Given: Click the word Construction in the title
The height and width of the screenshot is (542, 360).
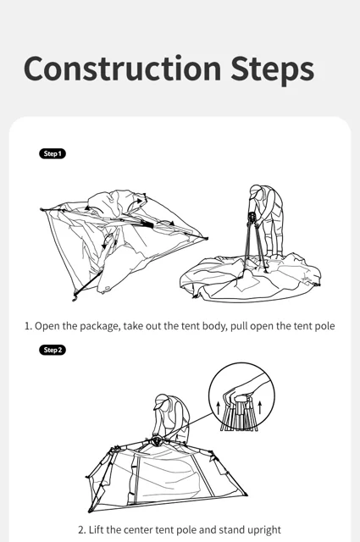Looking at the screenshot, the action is tap(123, 68).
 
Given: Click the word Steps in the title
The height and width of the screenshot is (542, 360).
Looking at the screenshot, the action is tap(272, 70).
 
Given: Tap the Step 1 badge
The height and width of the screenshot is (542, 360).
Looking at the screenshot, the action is tap(53, 154).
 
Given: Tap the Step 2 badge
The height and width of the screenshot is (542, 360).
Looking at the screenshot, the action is tap(53, 350).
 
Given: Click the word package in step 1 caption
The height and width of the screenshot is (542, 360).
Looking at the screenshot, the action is tap(99, 326).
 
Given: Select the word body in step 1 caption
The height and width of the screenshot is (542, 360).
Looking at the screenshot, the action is tap(214, 326).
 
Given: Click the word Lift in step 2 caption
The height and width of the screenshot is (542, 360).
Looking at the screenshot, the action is tap(96, 529).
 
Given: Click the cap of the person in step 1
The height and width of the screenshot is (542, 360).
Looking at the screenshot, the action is tap(255, 190).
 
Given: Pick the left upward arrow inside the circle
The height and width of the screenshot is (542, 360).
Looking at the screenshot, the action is tap(218, 408).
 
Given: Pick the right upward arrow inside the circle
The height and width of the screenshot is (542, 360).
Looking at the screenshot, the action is tap(260, 408).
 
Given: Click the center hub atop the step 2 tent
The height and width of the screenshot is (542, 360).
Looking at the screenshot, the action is tap(157, 440).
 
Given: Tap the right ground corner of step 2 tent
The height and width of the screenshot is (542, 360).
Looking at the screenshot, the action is tap(246, 495).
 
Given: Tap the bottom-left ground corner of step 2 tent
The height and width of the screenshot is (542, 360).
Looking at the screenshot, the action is tap(91, 510).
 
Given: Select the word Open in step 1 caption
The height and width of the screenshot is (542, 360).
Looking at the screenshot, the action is tap(47, 326).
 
